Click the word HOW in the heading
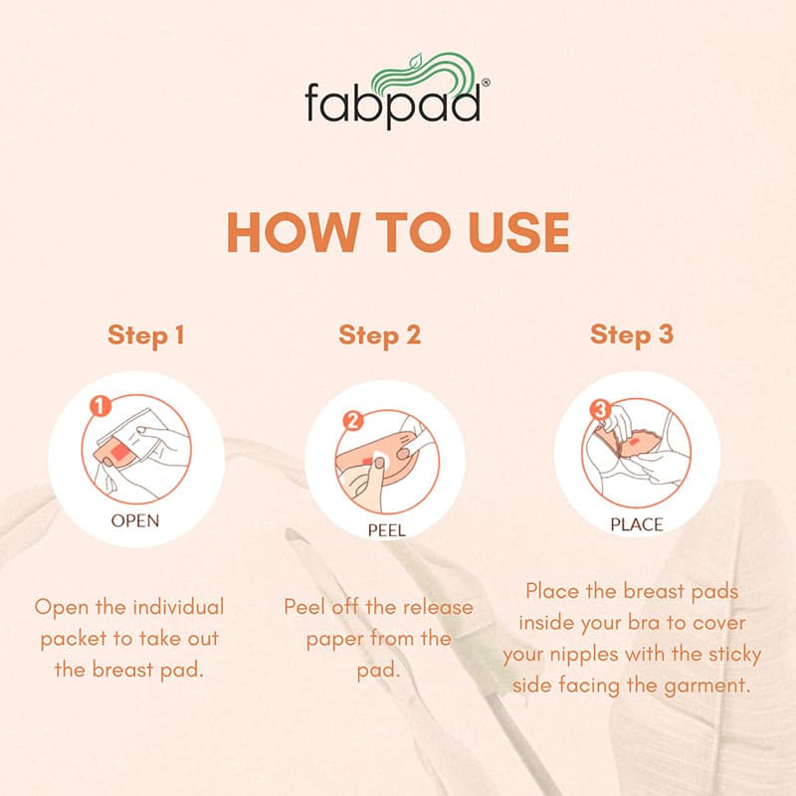tap(291, 232)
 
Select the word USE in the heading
tap(518, 232)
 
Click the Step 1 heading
tap(145, 336)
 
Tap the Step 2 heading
tap(380, 336)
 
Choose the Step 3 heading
tap(632, 335)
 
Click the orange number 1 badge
tap(100, 406)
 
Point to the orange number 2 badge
tap(353, 421)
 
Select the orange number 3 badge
tap(601, 409)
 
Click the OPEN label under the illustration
tap(135, 520)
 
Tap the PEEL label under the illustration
tap(387, 531)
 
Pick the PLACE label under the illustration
tap(637, 525)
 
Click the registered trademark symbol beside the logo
tap(486, 83)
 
